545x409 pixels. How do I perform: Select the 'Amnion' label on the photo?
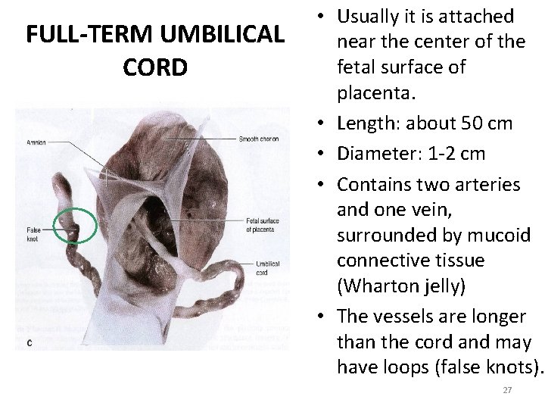pos(36,142)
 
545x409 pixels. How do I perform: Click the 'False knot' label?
pos(33,233)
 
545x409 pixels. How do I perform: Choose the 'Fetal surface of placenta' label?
pos(263,225)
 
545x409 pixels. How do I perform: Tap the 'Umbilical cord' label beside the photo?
pos(268,267)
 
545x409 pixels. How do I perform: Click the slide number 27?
pos(507,390)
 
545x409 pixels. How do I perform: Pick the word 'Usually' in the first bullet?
pos(366,16)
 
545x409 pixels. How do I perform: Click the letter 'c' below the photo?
pos(29,342)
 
